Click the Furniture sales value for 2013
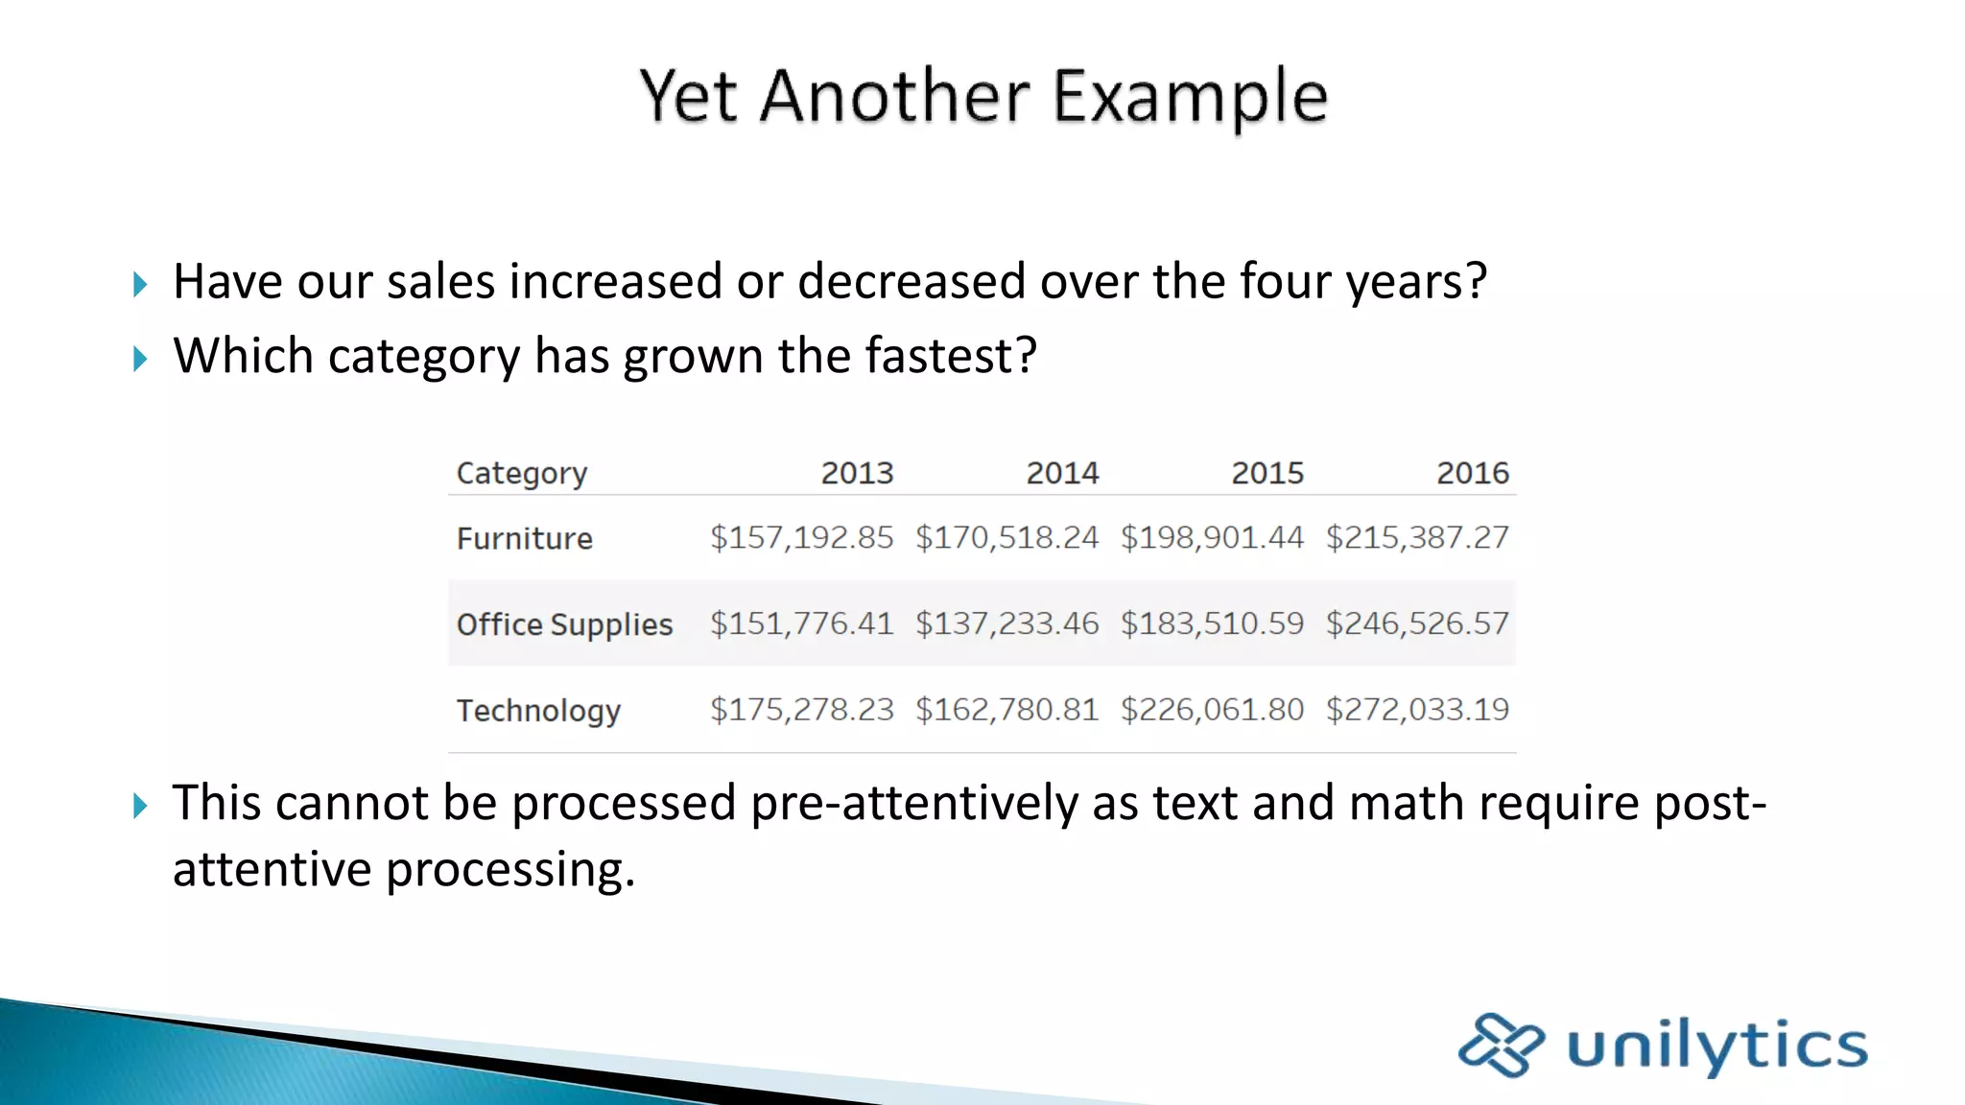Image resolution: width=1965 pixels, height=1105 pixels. click(801, 537)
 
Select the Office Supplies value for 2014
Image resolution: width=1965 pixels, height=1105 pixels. click(1006, 623)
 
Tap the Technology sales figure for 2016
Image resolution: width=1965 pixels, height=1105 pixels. click(1417, 710)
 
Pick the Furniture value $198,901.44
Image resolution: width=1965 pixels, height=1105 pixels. click(1212, 537)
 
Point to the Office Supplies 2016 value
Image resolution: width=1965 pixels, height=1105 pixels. click(1417, 623)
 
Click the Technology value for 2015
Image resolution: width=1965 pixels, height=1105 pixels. click(1212, 710)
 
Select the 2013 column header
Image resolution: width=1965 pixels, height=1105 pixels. click(857, 473)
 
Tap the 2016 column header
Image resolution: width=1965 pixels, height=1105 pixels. click(1473, 473)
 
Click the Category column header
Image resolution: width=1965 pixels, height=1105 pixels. click(522, 474)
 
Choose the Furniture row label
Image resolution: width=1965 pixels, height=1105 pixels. click(525, 538)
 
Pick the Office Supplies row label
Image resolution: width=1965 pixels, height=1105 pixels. click(564, 624)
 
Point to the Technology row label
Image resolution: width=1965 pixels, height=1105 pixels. click(538, 711)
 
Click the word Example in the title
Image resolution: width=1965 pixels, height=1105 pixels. click(1190, 97)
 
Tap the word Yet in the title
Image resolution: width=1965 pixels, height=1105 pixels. click(688, 97)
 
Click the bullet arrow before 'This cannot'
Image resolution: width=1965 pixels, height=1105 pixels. click(140, 805)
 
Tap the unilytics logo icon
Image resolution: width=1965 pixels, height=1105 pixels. click(1501, 1045)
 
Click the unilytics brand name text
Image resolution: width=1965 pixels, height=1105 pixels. click(1716, 1046)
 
